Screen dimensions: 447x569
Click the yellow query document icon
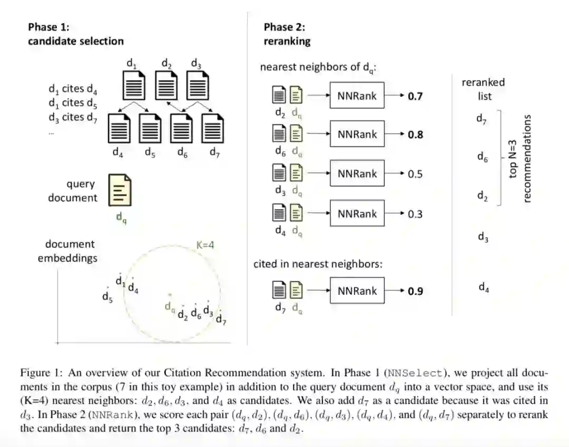point(120,191)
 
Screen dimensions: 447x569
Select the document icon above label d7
point(213,128)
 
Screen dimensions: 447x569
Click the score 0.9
point(415,291)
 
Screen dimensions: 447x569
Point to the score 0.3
point(415,214)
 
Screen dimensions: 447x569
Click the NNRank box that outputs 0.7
point(357,96)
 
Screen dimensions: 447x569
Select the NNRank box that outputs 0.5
point(357,174)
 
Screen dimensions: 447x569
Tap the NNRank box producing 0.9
point(357,291)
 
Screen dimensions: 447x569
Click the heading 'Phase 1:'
point(48,27)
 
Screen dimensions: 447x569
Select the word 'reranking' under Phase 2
point(287,41)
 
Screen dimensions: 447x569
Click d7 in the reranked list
point(482,119)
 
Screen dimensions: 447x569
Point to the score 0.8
point(415,134)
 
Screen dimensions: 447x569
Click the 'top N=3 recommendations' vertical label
point(520,158)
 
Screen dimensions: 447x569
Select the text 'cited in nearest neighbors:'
point(318,264)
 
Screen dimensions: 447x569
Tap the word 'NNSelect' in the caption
point(415,373)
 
